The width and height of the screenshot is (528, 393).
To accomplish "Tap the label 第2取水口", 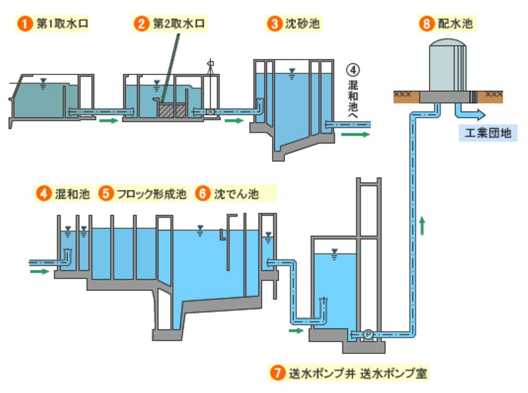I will pos(179,23).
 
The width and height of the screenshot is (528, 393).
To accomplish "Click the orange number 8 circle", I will pos(425,24).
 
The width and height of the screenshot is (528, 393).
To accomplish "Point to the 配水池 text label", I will pos(455,24).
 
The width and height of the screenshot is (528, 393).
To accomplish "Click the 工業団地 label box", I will pos(488,133).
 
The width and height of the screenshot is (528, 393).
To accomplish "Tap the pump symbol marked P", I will pos(368,335).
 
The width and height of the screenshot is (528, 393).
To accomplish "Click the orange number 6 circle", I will pos(202,194).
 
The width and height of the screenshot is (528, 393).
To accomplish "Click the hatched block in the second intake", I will pos(172,110).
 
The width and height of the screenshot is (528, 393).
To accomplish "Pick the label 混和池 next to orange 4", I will pos(73,194).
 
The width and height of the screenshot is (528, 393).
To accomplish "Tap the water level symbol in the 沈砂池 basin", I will pos(291,73).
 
